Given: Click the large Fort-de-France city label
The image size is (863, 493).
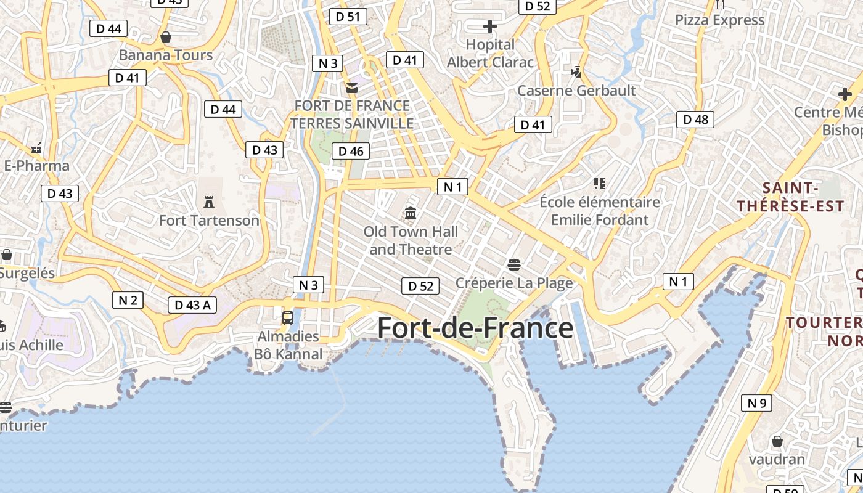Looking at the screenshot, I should point(475,328).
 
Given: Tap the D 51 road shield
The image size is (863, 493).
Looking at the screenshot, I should point(348,17).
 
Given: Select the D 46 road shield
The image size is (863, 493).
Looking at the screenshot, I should point(351,151).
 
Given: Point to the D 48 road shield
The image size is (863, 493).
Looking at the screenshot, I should point(695,120).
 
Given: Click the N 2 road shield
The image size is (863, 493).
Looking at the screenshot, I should point(128,300).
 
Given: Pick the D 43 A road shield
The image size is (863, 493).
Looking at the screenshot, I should point(192,304).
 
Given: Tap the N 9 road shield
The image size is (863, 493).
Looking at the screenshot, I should point(756,403).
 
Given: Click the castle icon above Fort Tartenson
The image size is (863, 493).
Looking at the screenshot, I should point(209,202).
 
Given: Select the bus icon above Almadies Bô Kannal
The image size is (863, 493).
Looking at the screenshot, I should point(288,317).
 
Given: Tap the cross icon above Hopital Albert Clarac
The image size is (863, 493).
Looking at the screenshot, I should point(490,26).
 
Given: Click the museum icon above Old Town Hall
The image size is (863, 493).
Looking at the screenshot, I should point(411,213).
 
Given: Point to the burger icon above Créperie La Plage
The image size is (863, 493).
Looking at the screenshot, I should point(514,265).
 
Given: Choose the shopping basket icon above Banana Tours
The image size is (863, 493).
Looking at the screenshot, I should point(165,37).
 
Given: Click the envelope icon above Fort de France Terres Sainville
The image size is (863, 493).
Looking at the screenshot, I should point(352,88).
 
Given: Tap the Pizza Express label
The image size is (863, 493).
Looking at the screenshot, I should point(719,20).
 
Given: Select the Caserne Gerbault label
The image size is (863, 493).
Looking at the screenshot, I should point(576,91).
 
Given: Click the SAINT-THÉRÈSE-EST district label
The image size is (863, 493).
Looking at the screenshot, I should point(790,197).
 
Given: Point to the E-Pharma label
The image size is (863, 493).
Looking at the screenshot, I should point(36,166).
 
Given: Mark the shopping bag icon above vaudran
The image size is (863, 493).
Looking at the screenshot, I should point(777,441).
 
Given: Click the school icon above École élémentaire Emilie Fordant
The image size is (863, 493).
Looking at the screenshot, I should point(599,183).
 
